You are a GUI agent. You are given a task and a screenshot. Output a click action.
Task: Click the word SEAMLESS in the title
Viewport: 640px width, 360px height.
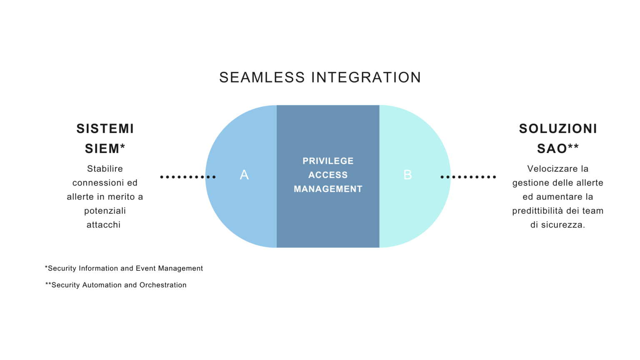tap(262, 77)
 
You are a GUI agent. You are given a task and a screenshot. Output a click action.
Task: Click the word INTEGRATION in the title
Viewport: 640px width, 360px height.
tap(366, 77)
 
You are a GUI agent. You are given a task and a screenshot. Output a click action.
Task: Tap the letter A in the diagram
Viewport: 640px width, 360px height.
tap(244, 175)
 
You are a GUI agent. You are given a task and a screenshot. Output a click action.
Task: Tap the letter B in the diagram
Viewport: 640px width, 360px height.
tap(407, 175)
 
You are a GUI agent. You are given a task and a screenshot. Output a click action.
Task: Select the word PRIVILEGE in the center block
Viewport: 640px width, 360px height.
tap(328, 161)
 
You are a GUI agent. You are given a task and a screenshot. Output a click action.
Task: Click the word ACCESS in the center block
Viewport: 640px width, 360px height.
tap(328, 175)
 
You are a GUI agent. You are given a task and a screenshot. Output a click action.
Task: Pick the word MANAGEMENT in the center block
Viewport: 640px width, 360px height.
tap(328, 189)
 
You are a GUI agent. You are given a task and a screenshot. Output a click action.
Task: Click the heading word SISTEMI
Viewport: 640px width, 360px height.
tap(105, 129)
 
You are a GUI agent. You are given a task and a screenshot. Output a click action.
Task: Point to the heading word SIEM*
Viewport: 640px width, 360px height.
tap(105, 149)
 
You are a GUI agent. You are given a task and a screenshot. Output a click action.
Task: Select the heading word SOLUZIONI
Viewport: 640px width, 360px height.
tap(558, 129)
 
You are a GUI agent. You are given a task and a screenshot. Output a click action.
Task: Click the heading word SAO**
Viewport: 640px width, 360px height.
tap(558, 149)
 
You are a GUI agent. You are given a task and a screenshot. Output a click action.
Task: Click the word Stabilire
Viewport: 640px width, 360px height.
tap(105, 169)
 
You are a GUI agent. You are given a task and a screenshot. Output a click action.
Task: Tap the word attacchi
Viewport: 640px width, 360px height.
tap(103, 225)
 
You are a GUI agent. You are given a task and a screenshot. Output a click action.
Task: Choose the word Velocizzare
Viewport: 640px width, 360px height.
tap(550, 169)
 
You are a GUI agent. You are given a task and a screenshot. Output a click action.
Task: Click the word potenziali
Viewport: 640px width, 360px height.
tap(105, 211)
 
